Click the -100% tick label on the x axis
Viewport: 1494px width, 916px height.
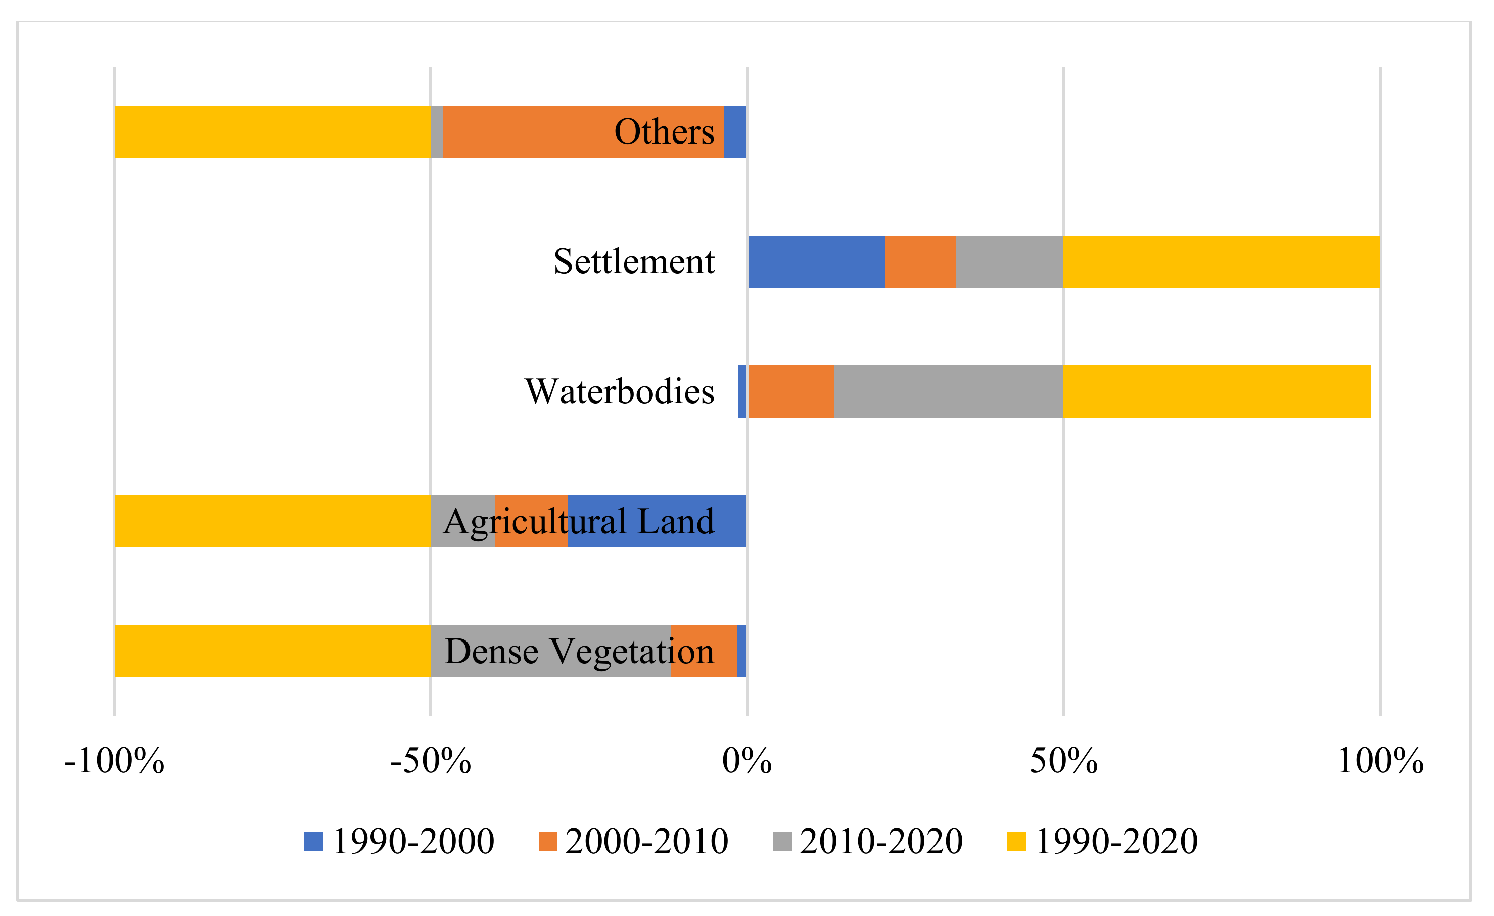point(114,761)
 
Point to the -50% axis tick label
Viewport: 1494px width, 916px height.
point(431,761)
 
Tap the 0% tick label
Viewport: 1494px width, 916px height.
point(747,761)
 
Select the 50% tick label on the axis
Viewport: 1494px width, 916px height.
point(1063,761)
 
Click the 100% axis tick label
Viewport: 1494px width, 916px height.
point(1380,761)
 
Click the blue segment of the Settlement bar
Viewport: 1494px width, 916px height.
point(817,261)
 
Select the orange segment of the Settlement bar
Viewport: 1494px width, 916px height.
point(920,261)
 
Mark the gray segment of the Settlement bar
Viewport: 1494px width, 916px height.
point(1009,261)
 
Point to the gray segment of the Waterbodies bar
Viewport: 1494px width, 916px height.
point(948,391)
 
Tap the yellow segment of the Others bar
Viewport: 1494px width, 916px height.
point(272,131)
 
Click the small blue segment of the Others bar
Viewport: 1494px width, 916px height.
point(734,131)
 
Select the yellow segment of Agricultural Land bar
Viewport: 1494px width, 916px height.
point(272,521)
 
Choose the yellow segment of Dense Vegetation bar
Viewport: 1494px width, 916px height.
point(272,651)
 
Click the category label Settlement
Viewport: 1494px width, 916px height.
point(634,261)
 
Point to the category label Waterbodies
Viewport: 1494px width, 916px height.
point(619,391)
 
